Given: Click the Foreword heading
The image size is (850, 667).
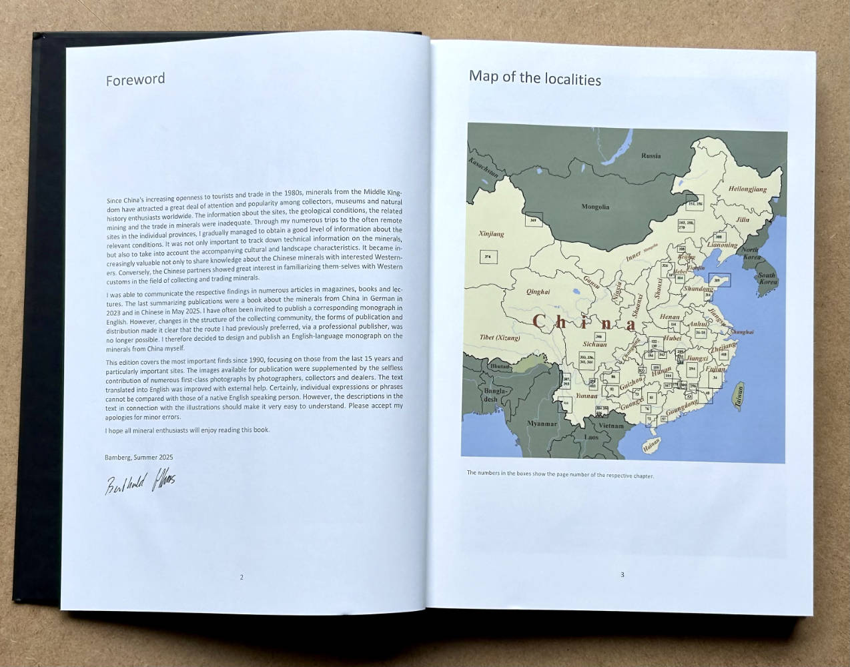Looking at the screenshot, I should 135,79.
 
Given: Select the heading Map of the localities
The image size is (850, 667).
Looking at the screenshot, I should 534,78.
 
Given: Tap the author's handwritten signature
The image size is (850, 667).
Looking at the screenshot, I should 139,482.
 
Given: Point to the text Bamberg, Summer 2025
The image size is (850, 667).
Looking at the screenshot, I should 139,457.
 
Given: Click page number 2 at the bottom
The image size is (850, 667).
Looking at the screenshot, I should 242,577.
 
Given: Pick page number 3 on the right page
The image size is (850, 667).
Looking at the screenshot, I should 622,574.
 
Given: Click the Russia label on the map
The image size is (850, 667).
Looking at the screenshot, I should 651,155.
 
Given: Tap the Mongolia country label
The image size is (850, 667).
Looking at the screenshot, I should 595,207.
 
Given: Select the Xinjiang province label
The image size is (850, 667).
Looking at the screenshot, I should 492,234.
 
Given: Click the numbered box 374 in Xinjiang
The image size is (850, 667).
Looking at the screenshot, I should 488,257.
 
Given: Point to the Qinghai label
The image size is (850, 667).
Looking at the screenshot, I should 538,291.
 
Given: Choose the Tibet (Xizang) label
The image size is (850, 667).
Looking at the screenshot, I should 500,338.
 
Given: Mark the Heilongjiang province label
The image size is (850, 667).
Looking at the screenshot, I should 747,189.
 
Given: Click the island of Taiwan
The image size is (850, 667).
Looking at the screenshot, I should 739,396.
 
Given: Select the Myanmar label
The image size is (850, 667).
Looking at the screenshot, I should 542,424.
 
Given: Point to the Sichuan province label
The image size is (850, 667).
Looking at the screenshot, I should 594,344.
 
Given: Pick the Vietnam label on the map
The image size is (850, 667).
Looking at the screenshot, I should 610,426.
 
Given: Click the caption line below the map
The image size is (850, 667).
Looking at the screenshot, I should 560,474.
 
